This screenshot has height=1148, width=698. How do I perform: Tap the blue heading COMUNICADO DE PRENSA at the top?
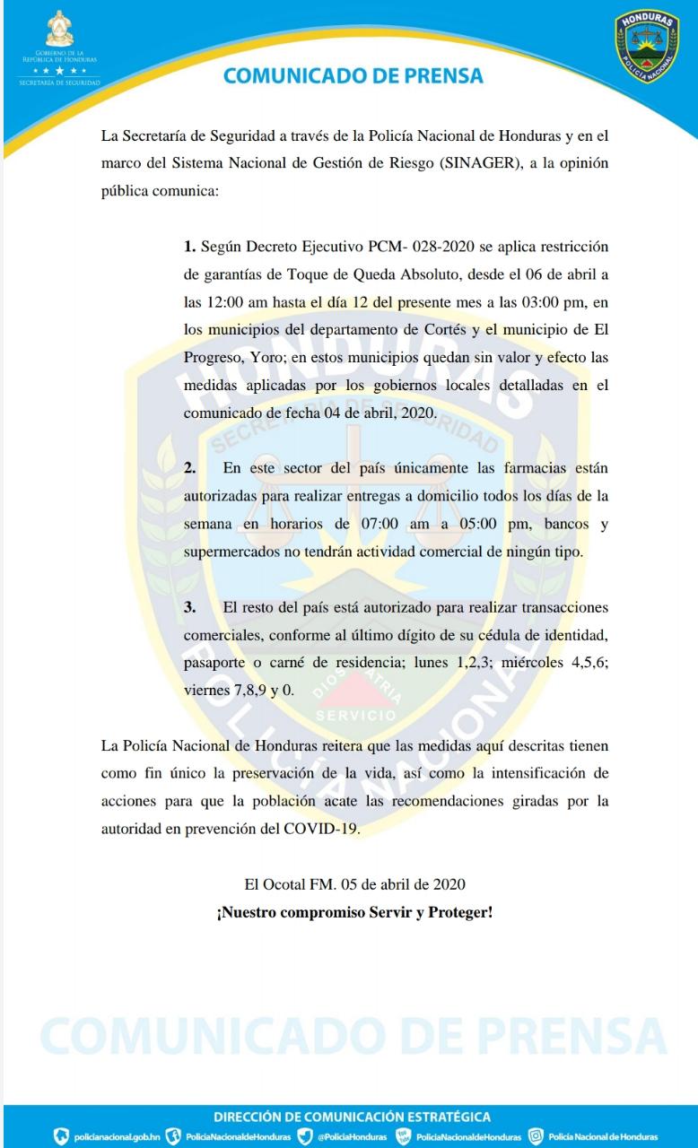pos(353,75)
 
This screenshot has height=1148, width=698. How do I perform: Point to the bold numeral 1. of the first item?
pos(189,246)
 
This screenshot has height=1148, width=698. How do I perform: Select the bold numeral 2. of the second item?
pos(189,468)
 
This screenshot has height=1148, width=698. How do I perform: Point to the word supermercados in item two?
pos(231,552)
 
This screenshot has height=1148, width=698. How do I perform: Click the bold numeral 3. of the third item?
pos(189,607)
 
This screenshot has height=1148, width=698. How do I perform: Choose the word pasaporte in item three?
pos(216,664)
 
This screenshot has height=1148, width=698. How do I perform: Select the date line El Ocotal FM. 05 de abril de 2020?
pos(354,884)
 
